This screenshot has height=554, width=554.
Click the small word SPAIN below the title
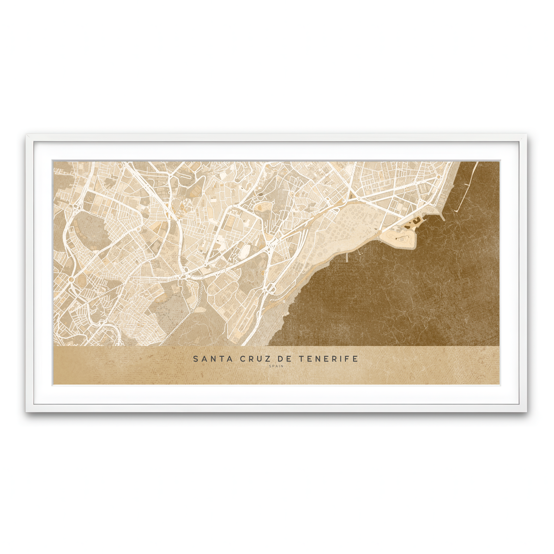277,367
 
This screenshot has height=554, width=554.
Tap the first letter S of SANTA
196,358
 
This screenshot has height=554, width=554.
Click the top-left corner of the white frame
27,135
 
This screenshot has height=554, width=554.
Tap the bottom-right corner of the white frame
526,411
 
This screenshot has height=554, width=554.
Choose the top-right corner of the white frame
526,135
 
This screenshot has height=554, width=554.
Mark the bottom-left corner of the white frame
27,411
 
